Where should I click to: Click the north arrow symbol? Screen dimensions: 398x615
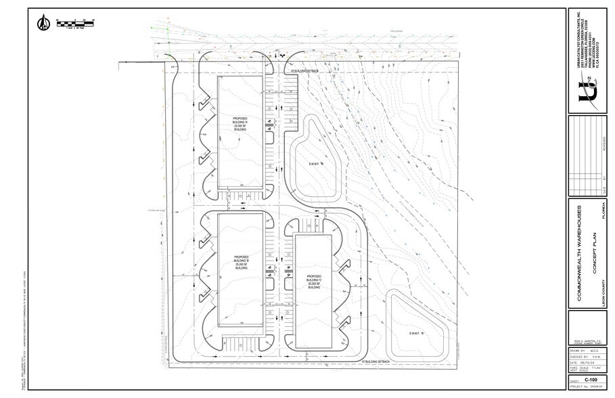(43, 22)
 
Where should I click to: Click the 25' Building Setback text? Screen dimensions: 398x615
(304, 70)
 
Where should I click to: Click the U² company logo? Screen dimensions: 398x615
(586, 87)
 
